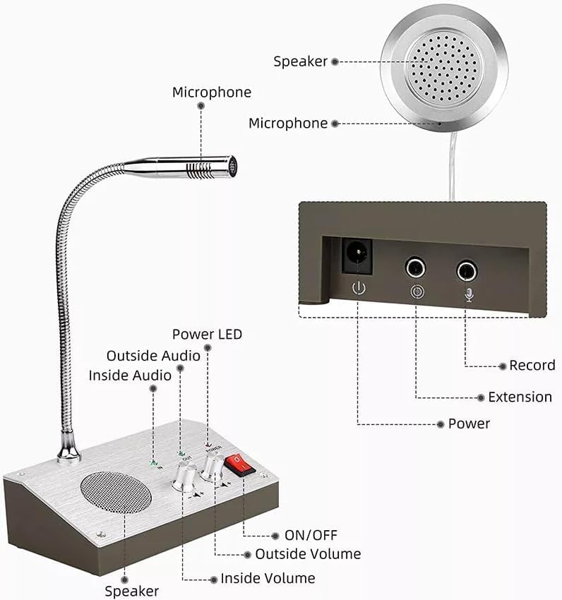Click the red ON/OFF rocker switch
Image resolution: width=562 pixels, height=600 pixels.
(x=238, y=466)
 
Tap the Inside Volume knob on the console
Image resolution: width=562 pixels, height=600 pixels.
(x=183, y=480)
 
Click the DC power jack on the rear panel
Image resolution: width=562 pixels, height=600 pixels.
(x=358, y=256)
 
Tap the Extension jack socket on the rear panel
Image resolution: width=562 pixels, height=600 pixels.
(x=415, y=268)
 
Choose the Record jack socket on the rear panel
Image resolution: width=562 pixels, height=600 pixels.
(x=467, y=270)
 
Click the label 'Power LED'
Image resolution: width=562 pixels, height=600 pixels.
(x=207, y=334)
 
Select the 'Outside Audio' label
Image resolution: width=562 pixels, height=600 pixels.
(x=153, y=356)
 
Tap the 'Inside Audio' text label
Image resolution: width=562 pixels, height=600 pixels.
(x=130, y=376)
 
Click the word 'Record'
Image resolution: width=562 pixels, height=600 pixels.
(x=532, y=366)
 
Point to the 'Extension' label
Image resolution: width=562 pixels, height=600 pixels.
(x=520, y=397)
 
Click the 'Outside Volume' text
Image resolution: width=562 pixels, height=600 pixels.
(x=308, y=554)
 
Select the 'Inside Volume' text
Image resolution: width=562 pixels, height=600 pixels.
(x=268, y=578)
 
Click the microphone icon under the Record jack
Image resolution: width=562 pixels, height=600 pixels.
(x=467, y=294)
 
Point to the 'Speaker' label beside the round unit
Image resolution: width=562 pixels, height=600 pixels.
(x=301, y=61)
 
